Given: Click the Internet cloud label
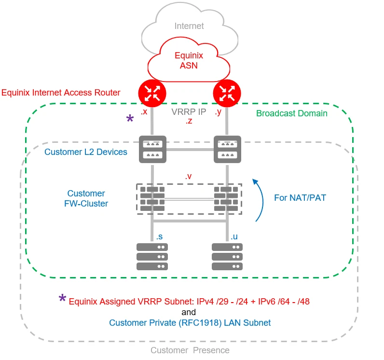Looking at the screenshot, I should tap(189, 26).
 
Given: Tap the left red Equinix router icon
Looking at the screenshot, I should tap(152, 92).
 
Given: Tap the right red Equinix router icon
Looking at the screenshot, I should tap(227, 92).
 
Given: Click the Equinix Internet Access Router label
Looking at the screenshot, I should tap(61, 92).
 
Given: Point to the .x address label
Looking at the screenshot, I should tap(143, 112).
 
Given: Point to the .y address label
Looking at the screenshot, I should tap(218, 112).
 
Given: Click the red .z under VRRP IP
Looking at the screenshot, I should tap(189, 122).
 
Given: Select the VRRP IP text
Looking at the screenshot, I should tap(189, 112).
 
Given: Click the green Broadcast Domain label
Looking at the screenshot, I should tap(291, 113).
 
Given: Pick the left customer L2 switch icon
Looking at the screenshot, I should tap(152, 149).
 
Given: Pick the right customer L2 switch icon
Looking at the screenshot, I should tap(227, 149).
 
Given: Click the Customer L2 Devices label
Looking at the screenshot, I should tap(86, 152).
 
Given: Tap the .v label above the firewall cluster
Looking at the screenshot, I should tap(189, 177).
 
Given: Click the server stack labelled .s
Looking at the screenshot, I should tap(152, 256).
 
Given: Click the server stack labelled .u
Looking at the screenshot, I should tap(227, 256).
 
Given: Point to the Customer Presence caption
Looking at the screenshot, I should tap(190, 350).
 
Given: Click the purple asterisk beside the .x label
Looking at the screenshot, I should tap(130, 119).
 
